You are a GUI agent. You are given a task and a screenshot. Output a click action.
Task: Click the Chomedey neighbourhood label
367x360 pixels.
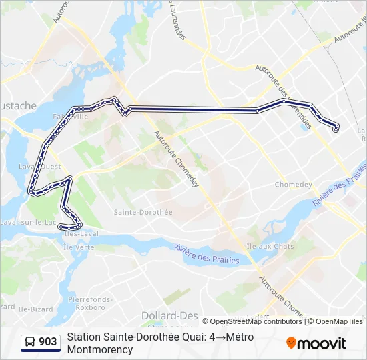pyautogui.click(x=294, y=185)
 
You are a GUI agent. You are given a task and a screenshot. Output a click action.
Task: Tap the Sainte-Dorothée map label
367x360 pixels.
pyautogui.click(x=143, y=212)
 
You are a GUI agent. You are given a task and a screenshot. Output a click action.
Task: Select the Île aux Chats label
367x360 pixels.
pyautogui.click(x=270, y=246)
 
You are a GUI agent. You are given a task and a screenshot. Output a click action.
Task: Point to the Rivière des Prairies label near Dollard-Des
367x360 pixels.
pyautogui.click(x=207, y=255)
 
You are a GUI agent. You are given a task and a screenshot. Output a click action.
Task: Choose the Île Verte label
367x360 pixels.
pyautogui.click(x=79, y=247)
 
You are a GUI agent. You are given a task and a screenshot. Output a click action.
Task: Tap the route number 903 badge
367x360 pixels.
pyautogui.click(x=48, y=342)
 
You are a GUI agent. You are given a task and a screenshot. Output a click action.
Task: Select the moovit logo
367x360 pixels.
pyautogui.click(x=316, y=343)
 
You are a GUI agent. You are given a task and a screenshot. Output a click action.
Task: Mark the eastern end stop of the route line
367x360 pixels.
pyautogui.click(x=336, y=129)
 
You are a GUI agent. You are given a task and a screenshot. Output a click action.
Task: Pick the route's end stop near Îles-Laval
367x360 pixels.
pyautogui.click(x=61, y=227)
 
